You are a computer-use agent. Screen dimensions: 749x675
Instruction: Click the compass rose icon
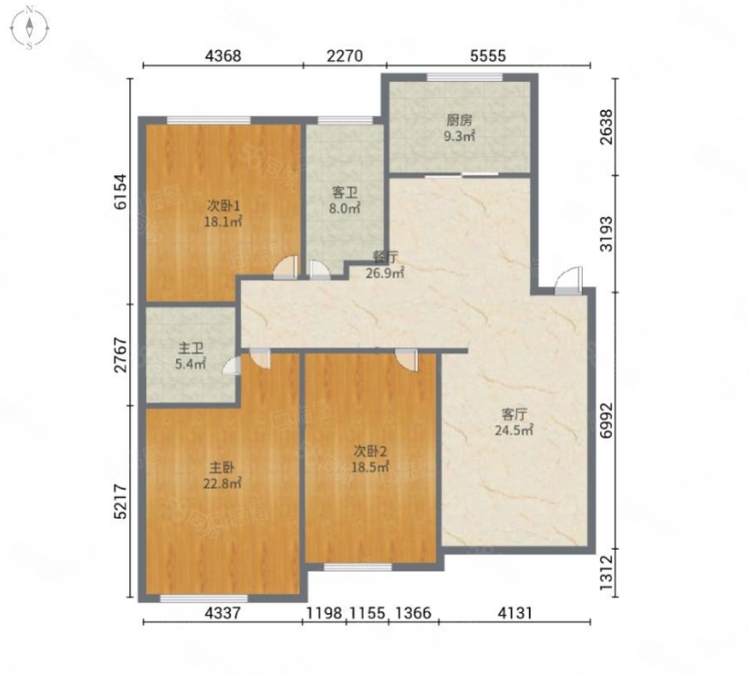click(x=30, y=27)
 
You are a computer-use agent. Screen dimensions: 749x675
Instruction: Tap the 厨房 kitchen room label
click(x=460, y=120)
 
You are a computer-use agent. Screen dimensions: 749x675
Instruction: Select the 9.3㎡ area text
click(x=460, y=136)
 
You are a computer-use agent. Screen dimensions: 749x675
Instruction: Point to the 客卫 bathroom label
click(x=345, y=193)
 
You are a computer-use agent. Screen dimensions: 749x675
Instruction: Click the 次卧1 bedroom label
click(x=224, y=205)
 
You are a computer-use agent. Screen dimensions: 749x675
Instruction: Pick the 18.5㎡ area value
click(x=370, y=467)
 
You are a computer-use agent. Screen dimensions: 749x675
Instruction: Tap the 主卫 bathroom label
click(x=191, y=348)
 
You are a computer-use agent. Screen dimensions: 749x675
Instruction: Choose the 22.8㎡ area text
click(x=222, y=483)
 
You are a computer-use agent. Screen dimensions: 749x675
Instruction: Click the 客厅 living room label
click(x=514, y=413)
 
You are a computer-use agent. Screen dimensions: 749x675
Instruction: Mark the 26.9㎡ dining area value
click(x=385, y=273)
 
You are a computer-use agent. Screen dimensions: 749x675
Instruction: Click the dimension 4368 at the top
click(x=223, y=55)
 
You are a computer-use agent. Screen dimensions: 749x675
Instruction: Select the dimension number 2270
click(x=345, y=55)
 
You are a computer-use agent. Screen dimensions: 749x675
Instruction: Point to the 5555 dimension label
click(x=488, y=55)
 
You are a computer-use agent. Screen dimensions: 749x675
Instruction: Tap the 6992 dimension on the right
click(x=605, y=420)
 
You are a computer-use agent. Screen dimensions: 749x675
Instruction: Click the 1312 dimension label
click(x=605, y=572)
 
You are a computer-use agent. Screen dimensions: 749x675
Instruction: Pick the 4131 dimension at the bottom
click(x=514, y=612)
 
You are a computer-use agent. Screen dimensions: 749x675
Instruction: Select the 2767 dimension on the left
click(x=121, y=354)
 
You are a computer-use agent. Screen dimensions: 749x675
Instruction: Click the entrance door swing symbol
click(x=568, y=281)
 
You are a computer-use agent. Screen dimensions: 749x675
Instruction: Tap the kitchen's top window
click(x=464, y=77)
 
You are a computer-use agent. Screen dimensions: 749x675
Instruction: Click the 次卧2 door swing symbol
click(x=406, y=360)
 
